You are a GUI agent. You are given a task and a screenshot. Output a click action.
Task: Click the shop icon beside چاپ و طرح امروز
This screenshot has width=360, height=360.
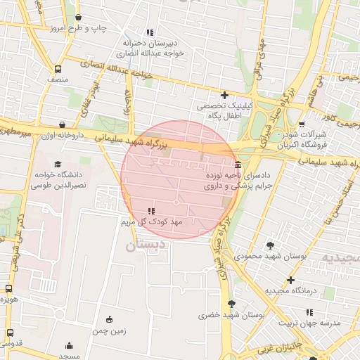tap(77, 18)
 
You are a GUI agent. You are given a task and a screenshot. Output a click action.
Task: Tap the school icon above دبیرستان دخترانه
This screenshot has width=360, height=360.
tap(149, 32)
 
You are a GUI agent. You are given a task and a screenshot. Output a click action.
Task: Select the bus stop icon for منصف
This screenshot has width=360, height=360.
tap(58, 69)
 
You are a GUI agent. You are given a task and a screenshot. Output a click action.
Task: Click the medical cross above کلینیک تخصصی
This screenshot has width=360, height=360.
tap(224, 95)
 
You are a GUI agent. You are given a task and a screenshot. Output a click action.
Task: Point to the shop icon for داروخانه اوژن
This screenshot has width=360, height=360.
tap(63, 124)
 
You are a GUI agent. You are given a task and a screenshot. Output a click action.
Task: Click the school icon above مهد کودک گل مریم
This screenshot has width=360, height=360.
tap(150, 211)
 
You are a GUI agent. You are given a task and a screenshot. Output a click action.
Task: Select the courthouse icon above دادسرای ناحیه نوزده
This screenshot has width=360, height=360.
tap(240, 164)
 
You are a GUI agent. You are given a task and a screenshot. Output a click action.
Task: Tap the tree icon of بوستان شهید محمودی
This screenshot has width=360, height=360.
tap(270, 245)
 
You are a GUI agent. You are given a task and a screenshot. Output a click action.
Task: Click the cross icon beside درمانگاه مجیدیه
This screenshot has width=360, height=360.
tap(290, 280)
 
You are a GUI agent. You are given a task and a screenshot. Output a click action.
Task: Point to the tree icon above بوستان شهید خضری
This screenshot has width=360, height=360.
tap(231, 304)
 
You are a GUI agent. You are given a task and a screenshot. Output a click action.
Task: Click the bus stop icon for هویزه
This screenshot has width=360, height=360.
tap(9, 288)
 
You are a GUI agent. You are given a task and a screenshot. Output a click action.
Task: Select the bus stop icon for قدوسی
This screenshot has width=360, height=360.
tap(9, 333)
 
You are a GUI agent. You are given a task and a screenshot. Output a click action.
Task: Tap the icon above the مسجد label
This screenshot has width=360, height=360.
tap(69, 346)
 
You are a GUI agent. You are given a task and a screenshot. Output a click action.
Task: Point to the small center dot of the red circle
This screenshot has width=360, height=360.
tap(176, 202)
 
